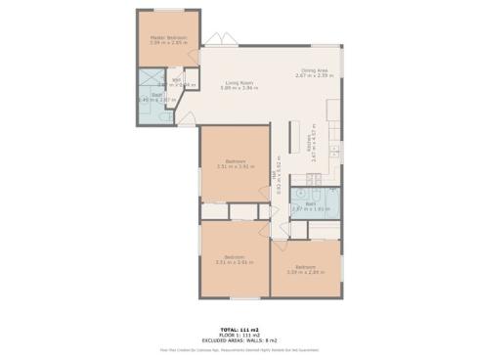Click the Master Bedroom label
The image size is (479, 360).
168,37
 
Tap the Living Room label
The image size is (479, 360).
239,83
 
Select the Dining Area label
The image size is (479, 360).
315,70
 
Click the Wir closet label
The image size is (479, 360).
177,81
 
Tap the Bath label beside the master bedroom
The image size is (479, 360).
144,95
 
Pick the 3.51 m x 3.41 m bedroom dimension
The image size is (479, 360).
235,167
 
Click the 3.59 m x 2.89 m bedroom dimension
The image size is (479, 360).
305,271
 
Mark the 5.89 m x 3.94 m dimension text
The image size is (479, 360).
239,88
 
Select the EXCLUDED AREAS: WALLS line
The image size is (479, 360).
239,339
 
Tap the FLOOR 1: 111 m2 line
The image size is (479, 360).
239,335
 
